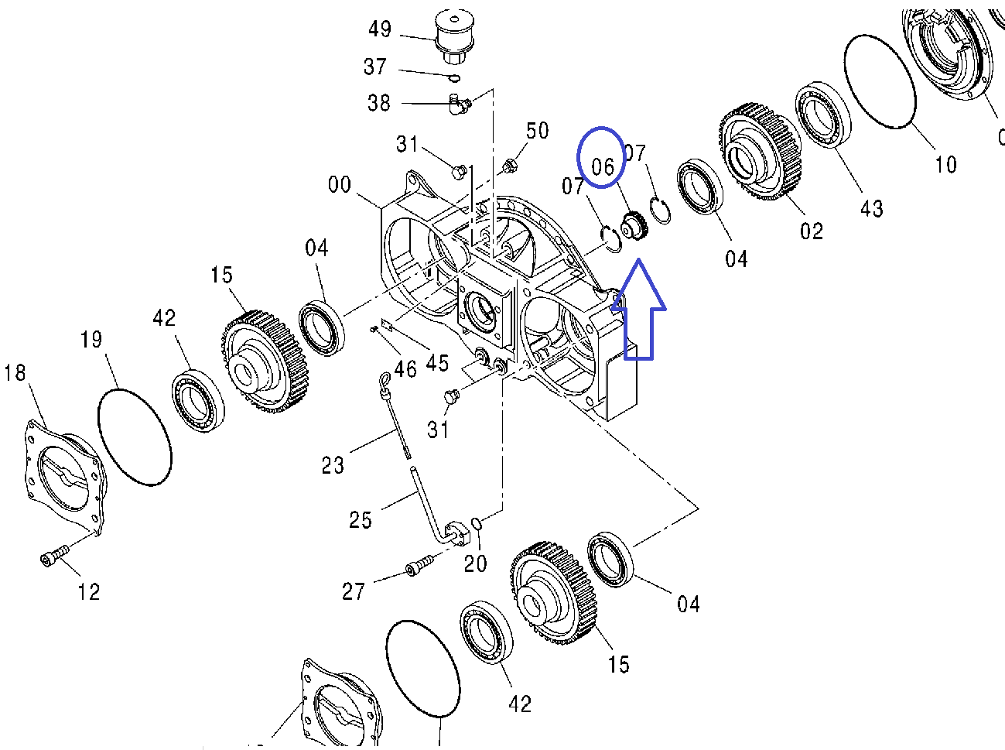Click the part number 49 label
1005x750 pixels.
379,29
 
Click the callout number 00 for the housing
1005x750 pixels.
340,185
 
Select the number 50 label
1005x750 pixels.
537,131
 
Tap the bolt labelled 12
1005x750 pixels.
53,555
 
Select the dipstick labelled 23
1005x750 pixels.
396,418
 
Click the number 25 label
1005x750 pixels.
361,520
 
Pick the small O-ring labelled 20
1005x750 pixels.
477,526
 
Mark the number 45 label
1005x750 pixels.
437,362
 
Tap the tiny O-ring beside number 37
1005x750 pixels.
455,77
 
